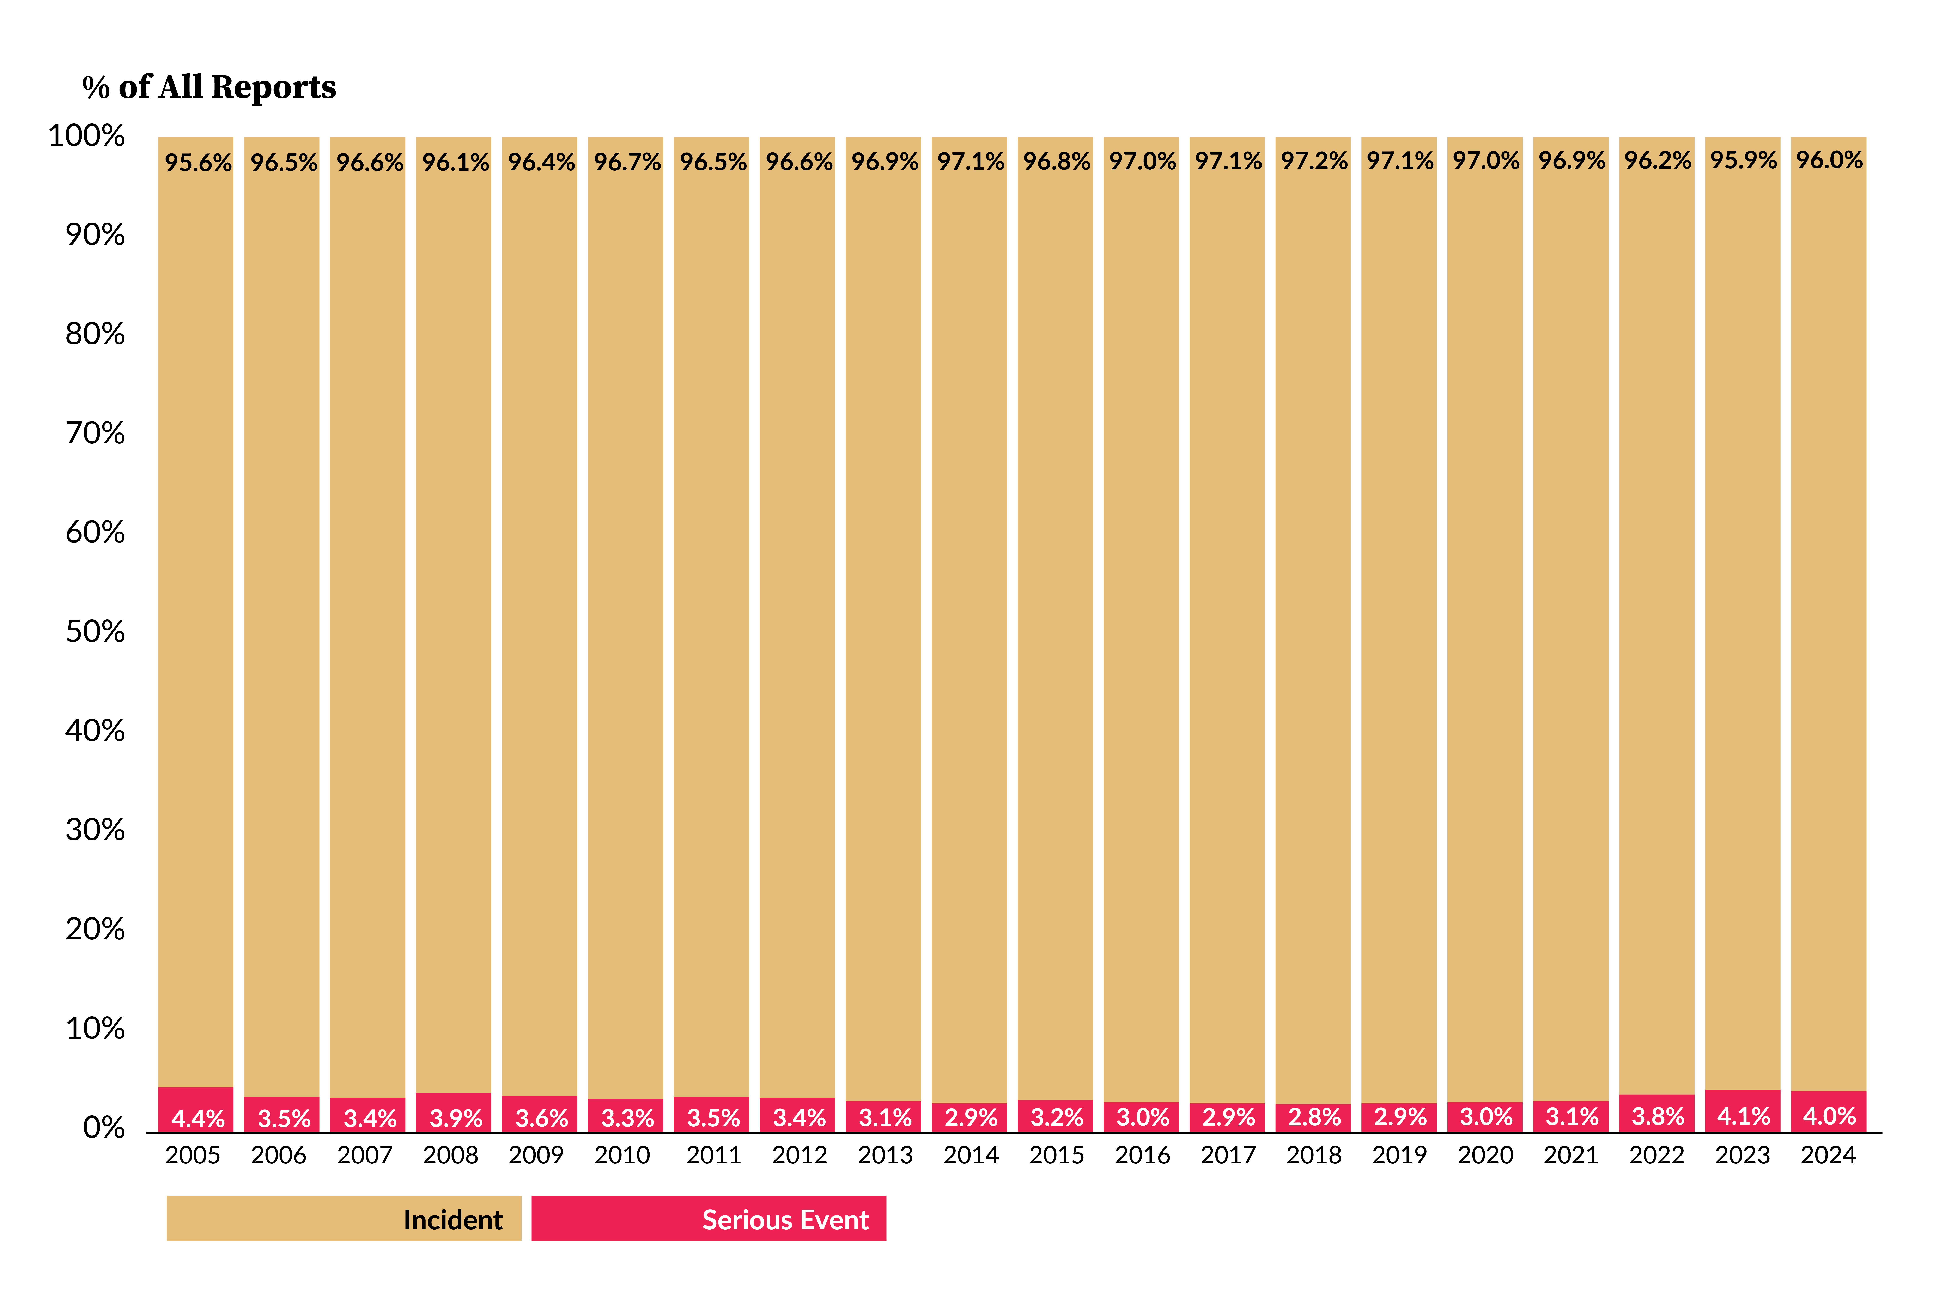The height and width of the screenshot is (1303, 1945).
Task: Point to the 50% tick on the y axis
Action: [x=96, y=632]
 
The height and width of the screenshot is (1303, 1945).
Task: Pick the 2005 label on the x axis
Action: [x=193, y=1155]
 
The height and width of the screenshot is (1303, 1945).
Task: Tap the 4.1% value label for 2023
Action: [x=1743, y=1116]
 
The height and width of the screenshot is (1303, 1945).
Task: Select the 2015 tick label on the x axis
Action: [x=1057, y=1155]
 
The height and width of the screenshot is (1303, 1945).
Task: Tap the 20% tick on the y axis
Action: [x=96, y=929]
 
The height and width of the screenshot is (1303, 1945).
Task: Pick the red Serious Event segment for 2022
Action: [x=1657, y=1114]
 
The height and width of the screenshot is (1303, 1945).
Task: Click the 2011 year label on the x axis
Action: [x=714, y=1155]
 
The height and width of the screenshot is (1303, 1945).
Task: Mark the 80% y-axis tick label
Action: [x=96, y=334]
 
